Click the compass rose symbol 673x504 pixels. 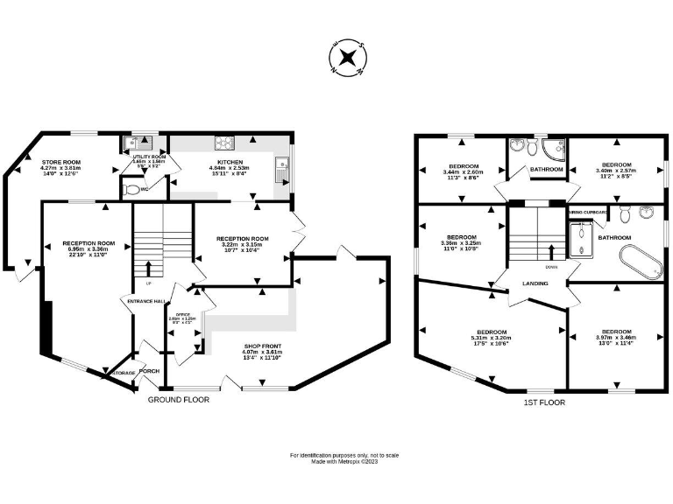(348, 58)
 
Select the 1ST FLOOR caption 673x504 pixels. (544, 402)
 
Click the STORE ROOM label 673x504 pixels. (61, 162)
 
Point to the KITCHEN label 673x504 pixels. (230, 162)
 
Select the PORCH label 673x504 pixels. (149, 371)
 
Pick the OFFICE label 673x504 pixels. (183, 314)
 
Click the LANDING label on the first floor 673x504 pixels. (535, 283)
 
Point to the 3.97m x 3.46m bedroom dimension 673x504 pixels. (617, 338)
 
